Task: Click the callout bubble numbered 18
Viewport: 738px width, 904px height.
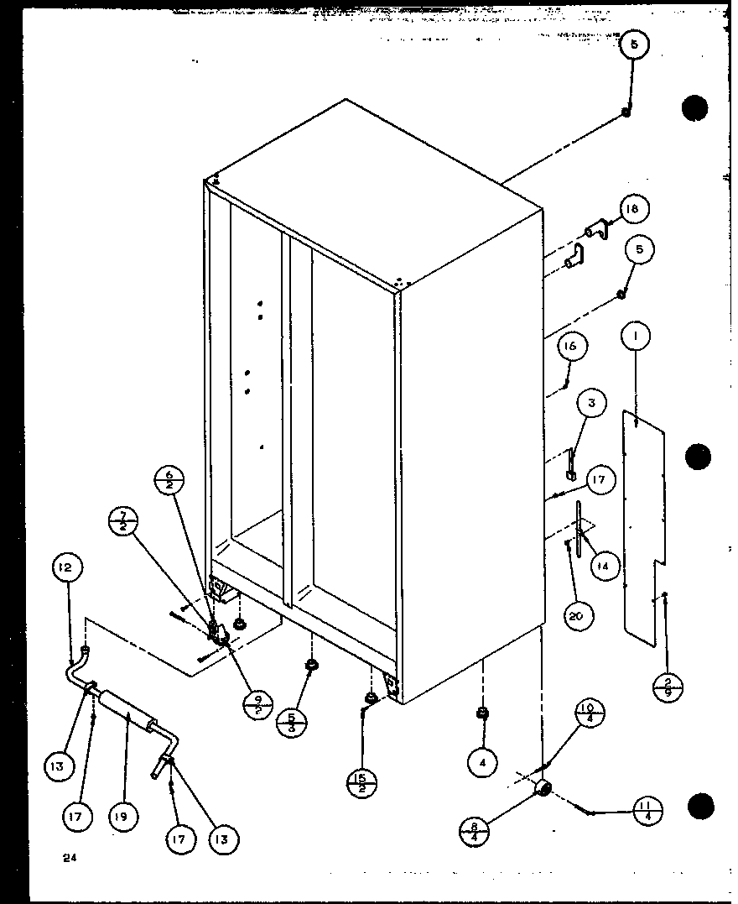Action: [x=635, y=209]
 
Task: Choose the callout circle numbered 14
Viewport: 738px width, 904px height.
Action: [x=604, y=567]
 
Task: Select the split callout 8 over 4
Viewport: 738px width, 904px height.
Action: [x=474, y=831]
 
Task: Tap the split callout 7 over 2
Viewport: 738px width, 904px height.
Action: [x=124, y=521]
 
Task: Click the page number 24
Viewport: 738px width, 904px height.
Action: [x=66, y=858]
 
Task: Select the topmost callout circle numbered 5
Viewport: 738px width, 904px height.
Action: [x=635, y=48]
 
